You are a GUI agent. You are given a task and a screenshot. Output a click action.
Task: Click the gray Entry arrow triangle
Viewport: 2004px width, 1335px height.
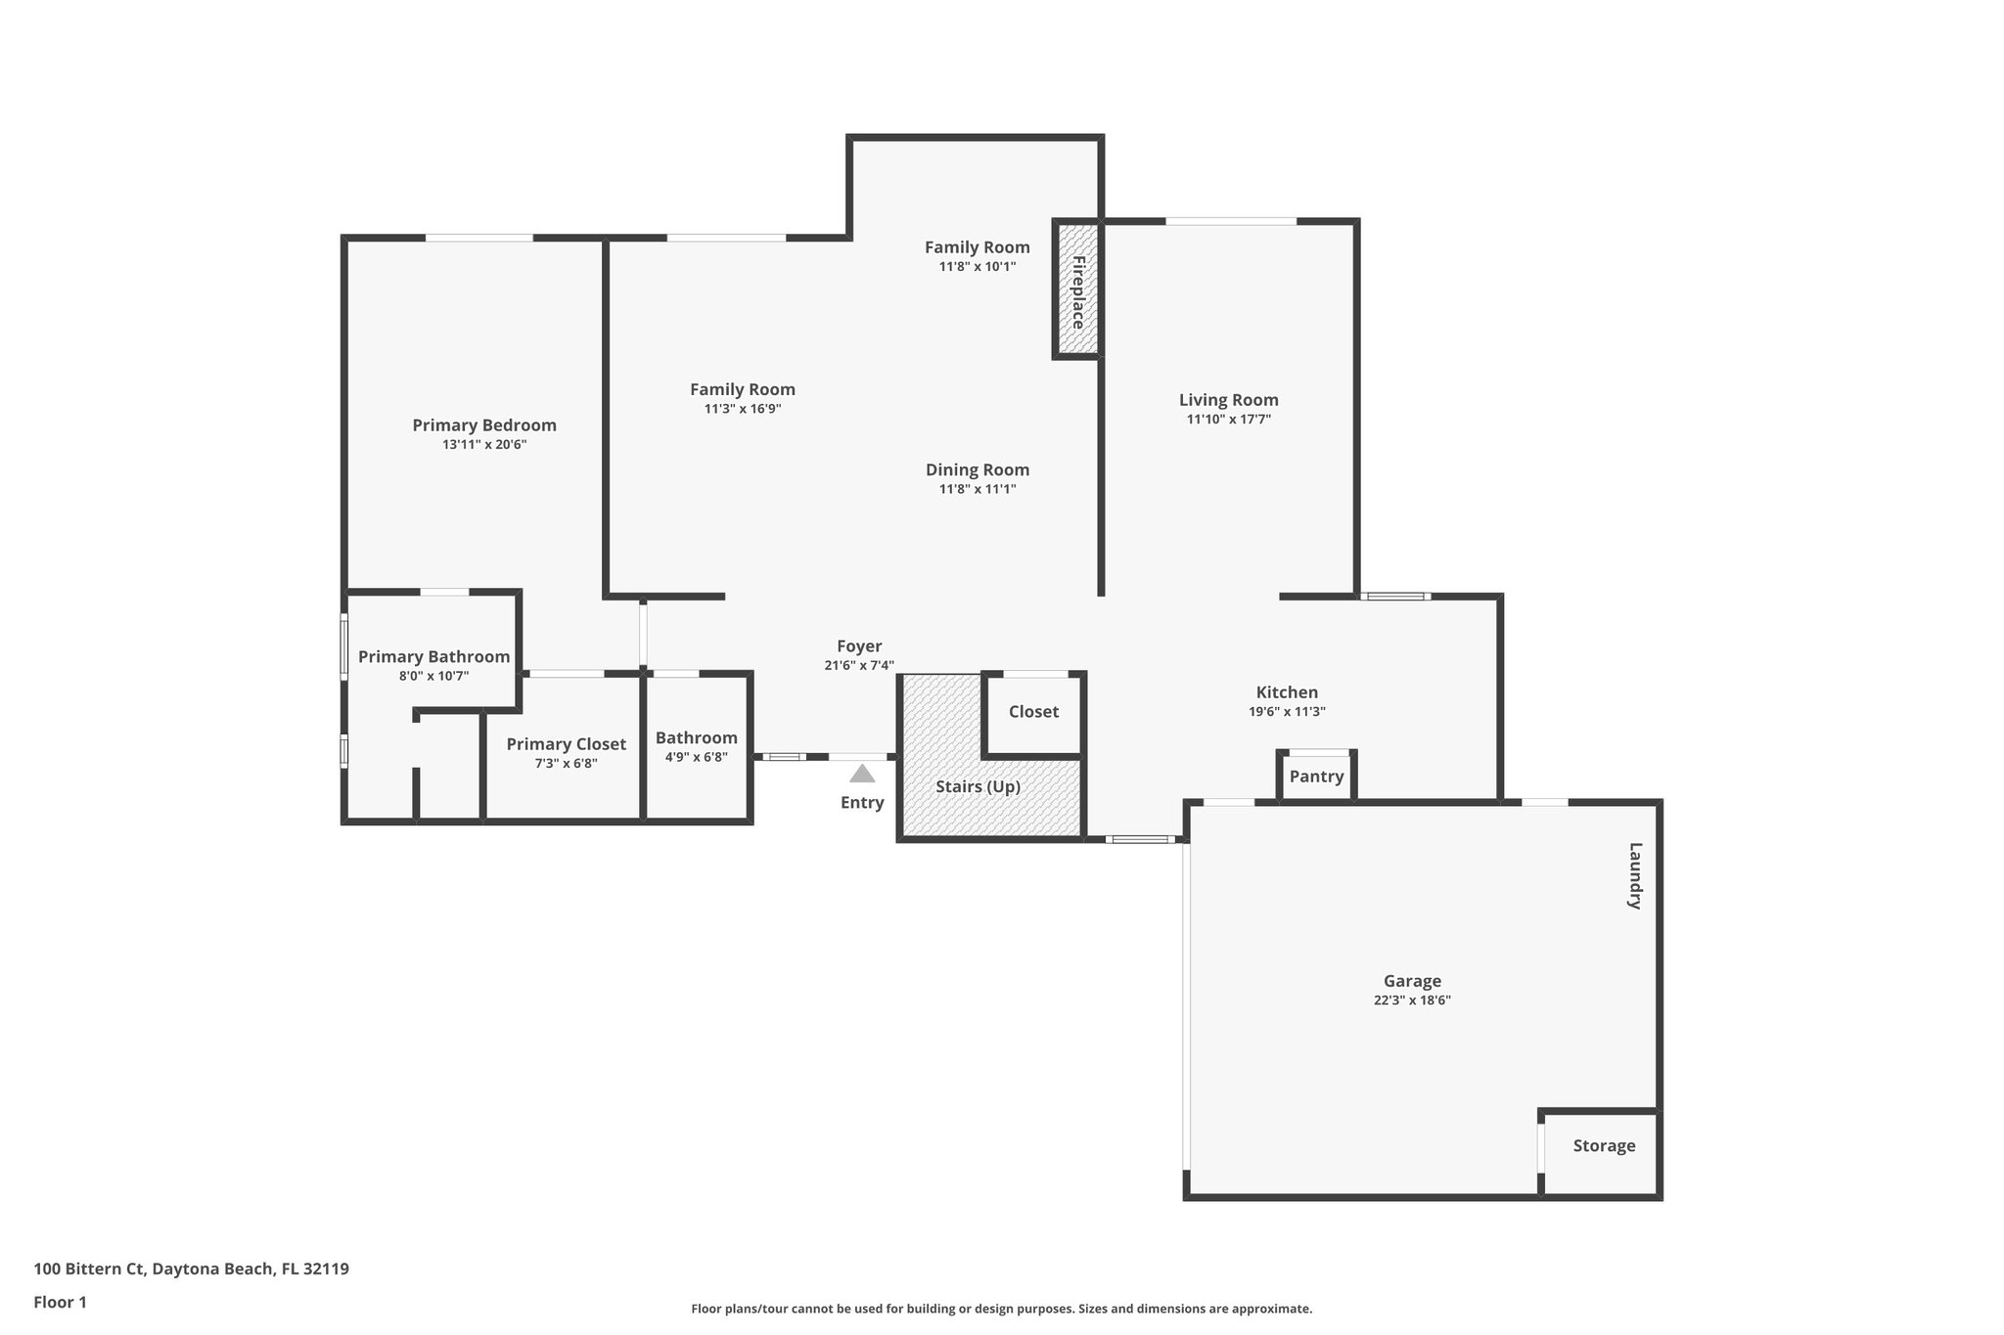click(x=861, y=775)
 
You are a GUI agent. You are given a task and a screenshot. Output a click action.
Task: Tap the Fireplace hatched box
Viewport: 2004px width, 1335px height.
click(x=1077, y=290)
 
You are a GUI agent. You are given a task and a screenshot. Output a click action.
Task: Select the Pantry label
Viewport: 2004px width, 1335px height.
click(x=1316, y=777)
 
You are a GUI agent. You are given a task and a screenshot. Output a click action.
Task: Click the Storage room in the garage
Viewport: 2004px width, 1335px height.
click(x=1603, y=1146)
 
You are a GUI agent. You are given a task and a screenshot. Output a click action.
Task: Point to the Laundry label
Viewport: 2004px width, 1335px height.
click(x=1633, y=876)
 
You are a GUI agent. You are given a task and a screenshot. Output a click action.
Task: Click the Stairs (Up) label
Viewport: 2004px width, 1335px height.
click(x=978, y=787)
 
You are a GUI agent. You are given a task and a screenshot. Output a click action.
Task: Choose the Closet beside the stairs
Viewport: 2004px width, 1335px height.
click(x=1033, y=712)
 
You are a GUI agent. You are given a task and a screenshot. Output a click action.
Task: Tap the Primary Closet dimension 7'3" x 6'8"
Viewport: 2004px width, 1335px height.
click(x=566, y=764)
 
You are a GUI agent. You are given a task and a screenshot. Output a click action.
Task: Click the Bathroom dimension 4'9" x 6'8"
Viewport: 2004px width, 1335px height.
click(x=696, y=757)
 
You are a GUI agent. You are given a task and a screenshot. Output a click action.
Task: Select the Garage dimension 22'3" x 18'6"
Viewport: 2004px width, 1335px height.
click(x=1411, y=1001)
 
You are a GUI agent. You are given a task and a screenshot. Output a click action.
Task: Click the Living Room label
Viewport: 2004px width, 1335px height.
click(x=1228, y=400)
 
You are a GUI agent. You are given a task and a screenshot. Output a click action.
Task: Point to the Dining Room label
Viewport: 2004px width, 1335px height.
click(x=977, y=470)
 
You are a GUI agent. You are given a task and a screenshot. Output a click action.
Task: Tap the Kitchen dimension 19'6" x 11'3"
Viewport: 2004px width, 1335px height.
click(x=1286, y=712)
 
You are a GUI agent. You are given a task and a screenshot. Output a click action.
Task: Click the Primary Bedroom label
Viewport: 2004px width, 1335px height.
click(x=483, y=425)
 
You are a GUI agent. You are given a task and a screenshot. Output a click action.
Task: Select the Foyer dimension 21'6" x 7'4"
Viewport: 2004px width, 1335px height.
click(x=858, y=666)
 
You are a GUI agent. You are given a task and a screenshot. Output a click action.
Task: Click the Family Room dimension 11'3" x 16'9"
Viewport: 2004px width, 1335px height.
click(x=742, y=409)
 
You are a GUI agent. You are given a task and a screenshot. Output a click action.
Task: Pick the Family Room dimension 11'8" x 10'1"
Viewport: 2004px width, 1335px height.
click(x=977, y=266)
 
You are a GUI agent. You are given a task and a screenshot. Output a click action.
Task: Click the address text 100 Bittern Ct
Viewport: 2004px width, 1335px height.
click(x=89, y=1269)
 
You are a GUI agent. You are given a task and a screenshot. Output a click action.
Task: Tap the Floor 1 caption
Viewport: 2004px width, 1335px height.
click(x=60, y=1302)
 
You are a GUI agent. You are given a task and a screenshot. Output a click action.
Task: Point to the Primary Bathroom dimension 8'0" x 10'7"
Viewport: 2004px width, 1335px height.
click(x=433, y=676)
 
